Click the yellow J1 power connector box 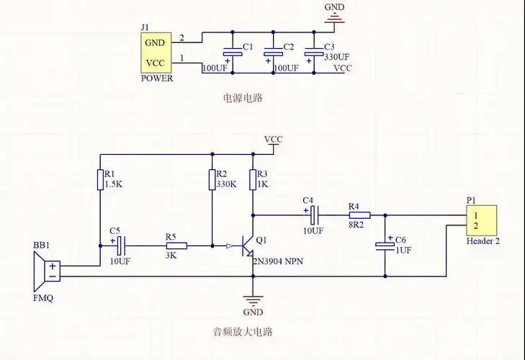pyautogui.click(x=157, y=53)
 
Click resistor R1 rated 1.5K pyautogui.click(x=100, y=179)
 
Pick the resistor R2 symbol pyautogui.click(x=212, y=179)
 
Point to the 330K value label pyautogui.click(x=227, y=184)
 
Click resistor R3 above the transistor pyautogui.click(x=253, y=179)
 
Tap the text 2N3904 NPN pyautogui.click(x=277, y=263)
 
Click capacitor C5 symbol pyautogui.click(x=120, y=246)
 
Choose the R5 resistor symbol pyautogui.click(x=177, y=246)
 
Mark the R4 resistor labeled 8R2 pyautogui.click(x=359, y=215)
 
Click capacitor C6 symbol pyautogui.click(x=385, y=246)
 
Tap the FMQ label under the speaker pyautogui.click(x=42, y=297)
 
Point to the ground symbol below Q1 pyautogui.click(x=253, y=299)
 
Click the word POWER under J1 pyautogui.click(x=157, y=78)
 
